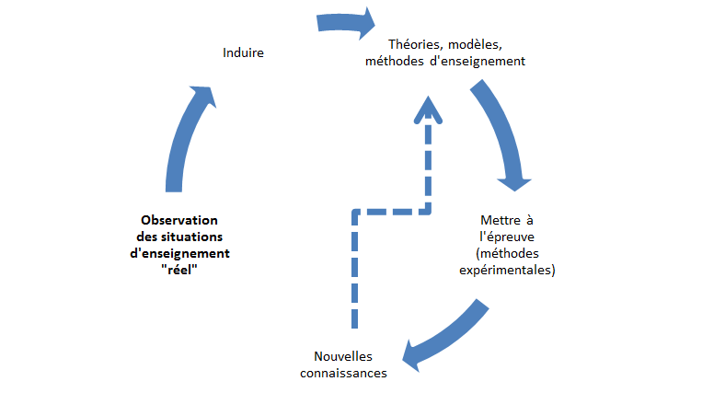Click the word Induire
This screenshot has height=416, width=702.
[x=243, y=52]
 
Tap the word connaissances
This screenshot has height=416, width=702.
[x=343, y=373]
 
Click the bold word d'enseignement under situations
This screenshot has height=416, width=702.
[x=179, y=252]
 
